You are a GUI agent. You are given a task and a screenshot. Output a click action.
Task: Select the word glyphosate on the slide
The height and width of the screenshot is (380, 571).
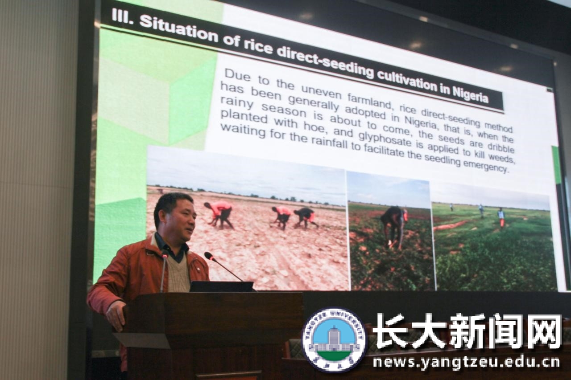pos(385,139)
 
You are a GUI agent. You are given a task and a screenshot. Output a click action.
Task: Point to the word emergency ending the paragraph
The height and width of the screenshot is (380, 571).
pos(485,165)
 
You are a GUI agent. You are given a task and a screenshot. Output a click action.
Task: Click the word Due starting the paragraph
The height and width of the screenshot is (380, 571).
pos(237,75)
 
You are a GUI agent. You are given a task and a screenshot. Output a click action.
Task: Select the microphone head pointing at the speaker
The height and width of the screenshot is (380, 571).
pos(209,256)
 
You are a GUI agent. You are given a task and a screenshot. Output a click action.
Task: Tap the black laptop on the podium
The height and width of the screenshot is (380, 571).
pos(222,286)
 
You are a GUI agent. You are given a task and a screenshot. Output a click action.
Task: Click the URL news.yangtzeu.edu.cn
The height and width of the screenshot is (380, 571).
pos(467,362)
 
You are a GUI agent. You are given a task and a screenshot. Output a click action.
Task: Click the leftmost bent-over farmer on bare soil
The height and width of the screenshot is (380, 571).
pos(219,214)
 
